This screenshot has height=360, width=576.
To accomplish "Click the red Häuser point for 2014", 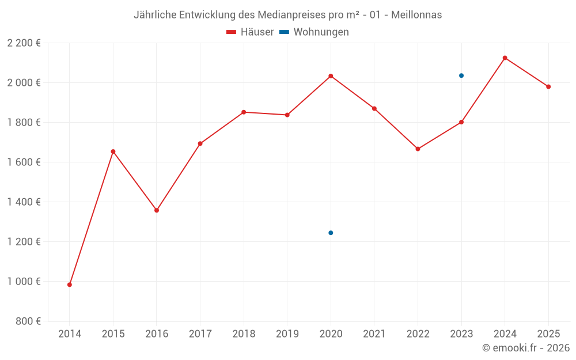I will point(70,285).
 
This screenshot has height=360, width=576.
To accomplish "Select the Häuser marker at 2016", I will point(157,210).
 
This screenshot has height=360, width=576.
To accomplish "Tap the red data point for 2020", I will point(331,76).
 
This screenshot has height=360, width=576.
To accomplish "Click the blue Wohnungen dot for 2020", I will point(331,233).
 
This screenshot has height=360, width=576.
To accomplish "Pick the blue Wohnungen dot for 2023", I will point(461,75).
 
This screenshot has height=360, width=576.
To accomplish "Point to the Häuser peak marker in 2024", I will point(505,58).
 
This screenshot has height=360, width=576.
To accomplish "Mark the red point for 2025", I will point(548,86).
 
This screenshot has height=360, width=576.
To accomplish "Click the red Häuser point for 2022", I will point(418,149).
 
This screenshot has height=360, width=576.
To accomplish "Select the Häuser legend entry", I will point(251,32).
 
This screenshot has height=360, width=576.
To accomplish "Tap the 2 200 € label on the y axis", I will point(24,43).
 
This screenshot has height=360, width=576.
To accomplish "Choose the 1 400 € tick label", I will point(24,202).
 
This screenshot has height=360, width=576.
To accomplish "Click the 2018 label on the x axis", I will point(244,334).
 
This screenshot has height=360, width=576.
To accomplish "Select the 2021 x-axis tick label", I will point(374,334).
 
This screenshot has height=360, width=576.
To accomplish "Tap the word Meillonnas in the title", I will point(416,15).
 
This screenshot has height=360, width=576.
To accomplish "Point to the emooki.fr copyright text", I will point(525,348).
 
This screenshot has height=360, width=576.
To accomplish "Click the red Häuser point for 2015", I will point(113,151).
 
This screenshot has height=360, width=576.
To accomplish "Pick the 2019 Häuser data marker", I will point(287,115).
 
